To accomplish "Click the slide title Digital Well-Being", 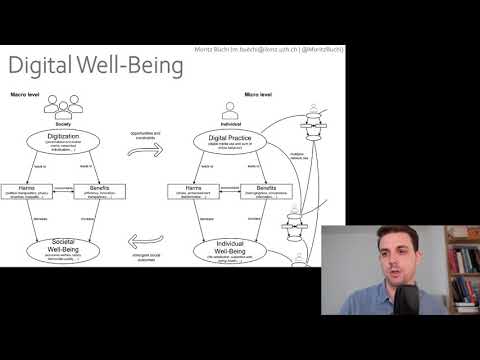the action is pyautogui.click(x=96, y=67).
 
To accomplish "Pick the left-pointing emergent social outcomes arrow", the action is pyautogui.click(x=149, y=240).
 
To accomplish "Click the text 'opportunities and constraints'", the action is pyautogui.click(x=149, y=136).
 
